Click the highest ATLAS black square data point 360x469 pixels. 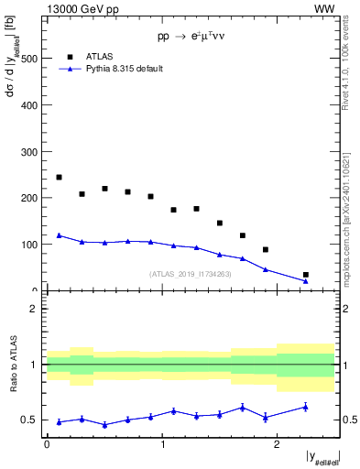59,177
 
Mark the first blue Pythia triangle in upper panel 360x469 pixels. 59,235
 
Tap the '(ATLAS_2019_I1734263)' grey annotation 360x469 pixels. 191,274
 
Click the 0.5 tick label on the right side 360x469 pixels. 350,420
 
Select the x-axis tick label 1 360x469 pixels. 162,445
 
